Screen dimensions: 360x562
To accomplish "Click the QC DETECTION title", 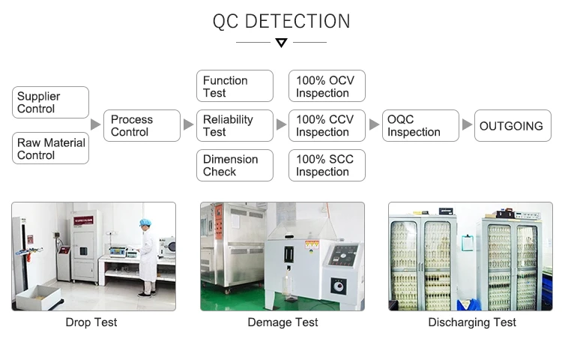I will coord(281,21).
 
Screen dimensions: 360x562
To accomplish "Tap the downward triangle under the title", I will coord(281,43).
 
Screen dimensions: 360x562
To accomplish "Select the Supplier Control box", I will coord(51,103).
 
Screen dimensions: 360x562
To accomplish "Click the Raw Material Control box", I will coord(51,148).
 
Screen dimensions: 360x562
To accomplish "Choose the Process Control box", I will coord(142,126).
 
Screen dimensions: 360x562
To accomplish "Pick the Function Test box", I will coord(235,86).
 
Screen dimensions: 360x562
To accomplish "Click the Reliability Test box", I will coord(235,126).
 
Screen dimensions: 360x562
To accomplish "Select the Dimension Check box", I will coord(235,165).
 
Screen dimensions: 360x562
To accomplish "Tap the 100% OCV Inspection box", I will coord(327,86).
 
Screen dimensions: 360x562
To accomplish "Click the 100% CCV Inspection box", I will coord(327,126).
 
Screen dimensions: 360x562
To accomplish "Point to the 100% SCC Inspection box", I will coord(327,165).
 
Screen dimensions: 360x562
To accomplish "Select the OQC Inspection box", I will coord(420,126).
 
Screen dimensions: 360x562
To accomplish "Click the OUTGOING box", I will coord(513,126).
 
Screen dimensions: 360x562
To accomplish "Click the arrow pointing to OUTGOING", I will coord(468,124).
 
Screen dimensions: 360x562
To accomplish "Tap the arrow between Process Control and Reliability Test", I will coord(189,124).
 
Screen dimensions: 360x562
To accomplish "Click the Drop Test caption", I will coord(91,322).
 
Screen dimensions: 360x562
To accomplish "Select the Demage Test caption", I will coord(282,322).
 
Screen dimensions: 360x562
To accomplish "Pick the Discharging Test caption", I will coord(472,322).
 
